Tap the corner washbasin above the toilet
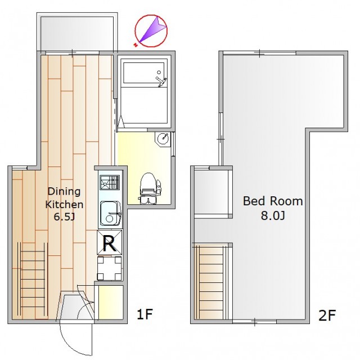163,139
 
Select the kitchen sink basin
110,214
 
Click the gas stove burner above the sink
110,182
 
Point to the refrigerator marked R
110,242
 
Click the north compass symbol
151,31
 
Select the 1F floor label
145,314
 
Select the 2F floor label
327,315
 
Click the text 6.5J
64,217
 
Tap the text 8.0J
273,215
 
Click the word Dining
64,192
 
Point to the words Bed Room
273,201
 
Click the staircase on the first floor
33,280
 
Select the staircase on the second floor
211,281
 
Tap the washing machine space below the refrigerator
109,268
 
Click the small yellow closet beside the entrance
111,302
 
